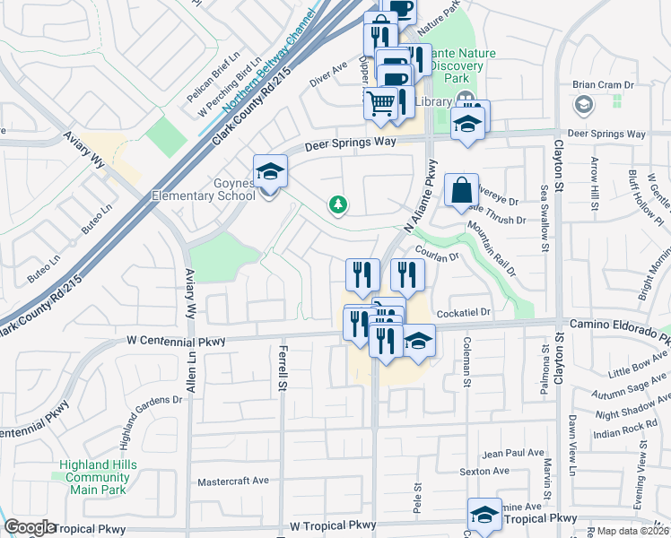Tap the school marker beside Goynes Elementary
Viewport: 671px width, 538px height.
(x=270, y=170)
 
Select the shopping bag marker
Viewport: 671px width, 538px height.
(x=461, y=190)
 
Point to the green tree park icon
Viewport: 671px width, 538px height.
(x=338, y=206)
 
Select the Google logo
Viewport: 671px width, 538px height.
(x=30, y=527)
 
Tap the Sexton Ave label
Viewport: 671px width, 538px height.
(x=484, y=471)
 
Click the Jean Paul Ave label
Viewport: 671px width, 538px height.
(x=513, y=454)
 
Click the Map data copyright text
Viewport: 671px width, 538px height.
(x=633, y=531)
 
